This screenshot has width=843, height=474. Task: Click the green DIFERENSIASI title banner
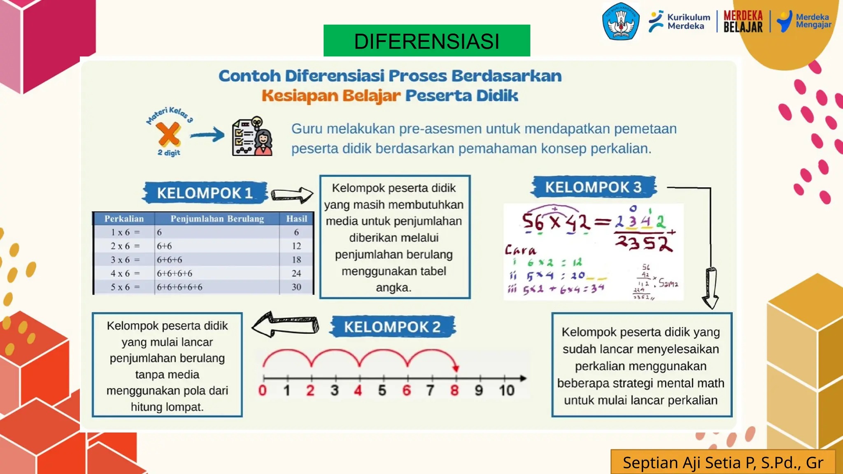[x=426, y=41]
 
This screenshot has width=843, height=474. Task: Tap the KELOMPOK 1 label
[x=205, y=193]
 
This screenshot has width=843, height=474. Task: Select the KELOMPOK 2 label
[x=392, y=327]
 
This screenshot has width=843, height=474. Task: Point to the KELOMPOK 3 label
[x=593, y=187]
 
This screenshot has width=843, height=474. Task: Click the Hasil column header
[x=296, y=219]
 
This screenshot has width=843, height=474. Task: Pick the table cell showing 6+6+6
[x=169, y=260]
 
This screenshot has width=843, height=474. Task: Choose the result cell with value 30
[x=296, y=287]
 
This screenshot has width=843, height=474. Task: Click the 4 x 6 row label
[x=125, y=274]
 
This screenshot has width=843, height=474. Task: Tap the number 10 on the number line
[x=507, y=390]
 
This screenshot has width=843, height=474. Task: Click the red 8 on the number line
[x=454, y=390]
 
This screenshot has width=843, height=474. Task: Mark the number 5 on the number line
[x=382, y=390]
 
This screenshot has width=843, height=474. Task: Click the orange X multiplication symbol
[x=168, y=134]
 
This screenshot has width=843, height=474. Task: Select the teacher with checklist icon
[x=252, y=137]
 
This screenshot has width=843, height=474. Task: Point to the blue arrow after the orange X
[x=207, y=135]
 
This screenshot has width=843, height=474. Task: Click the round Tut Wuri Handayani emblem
[x=621, y=21]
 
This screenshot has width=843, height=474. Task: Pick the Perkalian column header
[x=124, y=219]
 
